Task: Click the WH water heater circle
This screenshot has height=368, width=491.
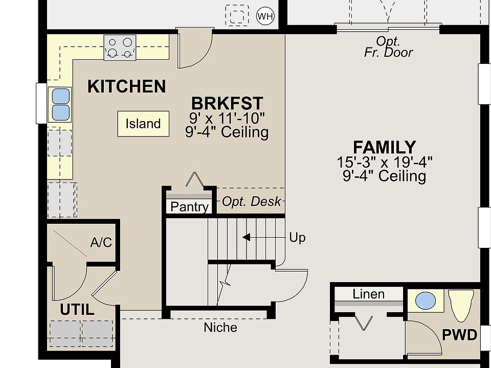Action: [265, 16]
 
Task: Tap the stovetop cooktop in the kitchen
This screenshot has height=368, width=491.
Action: [120, 48]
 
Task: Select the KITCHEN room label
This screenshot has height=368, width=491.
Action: [126, 86]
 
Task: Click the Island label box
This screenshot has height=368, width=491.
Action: [143, 124]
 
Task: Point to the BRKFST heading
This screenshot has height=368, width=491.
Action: [227, 103]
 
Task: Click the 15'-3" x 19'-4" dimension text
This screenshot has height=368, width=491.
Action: [385, 163]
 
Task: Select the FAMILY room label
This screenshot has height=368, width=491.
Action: [385, 147]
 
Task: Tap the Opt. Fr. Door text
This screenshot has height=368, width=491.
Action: [388, 47]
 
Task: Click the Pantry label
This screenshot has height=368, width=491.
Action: [189, 207]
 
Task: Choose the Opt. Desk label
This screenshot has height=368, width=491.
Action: [251, 201]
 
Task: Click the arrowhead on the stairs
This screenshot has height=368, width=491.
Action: [246, 238]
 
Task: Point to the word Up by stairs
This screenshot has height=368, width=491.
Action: [297, 238]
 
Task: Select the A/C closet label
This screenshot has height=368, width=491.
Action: [101, 242]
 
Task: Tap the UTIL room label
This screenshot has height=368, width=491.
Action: [77, 310]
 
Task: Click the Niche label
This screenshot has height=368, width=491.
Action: [220, 328]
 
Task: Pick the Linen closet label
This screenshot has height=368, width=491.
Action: [369, 294]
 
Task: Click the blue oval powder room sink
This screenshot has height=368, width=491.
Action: [426, 301]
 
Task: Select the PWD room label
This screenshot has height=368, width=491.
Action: [459, 335]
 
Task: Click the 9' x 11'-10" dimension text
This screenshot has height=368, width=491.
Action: [227, 118]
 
